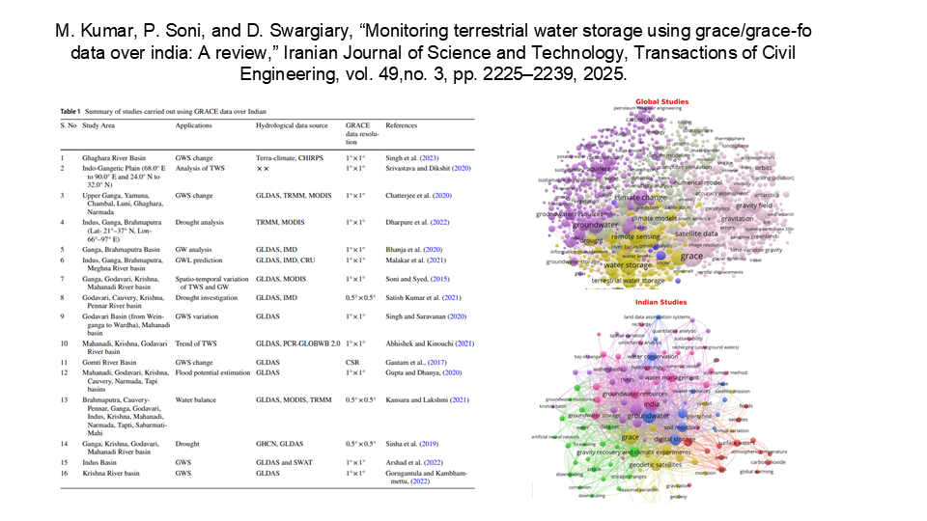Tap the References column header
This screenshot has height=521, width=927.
(x=402, y=125)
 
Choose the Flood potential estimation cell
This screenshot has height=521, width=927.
(x=216, y=370)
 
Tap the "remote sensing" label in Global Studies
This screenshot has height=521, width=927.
(x=636, y=235)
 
